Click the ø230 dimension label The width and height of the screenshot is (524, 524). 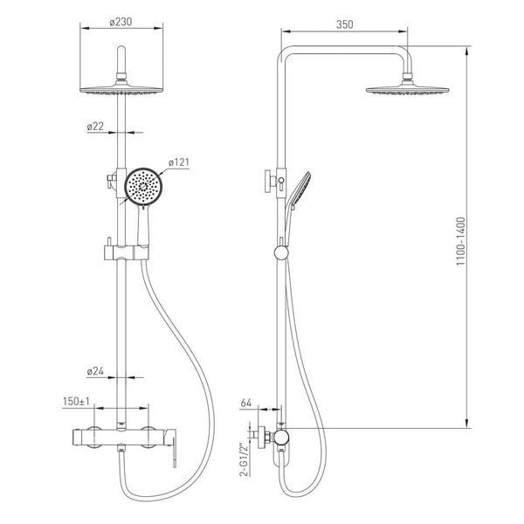pos(121,22)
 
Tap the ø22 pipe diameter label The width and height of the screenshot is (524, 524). pos(95,127)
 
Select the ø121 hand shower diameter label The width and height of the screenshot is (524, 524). pos(179,162)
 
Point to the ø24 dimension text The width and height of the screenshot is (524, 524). pos(95,371)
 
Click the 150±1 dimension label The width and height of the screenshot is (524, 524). pos(76,402)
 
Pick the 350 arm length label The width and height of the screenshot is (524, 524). pos(344,24)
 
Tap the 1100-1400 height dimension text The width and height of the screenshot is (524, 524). pos(461,241)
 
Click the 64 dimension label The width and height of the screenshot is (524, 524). pos(245,403)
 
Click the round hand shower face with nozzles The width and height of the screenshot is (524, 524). pos(144,186)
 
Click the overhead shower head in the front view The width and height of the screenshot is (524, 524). pos(121,90)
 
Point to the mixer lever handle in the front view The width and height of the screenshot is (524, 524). pos(172,446)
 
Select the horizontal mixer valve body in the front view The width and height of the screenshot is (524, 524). pos(119,438)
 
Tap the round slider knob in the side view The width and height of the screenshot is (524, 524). pos(281,253)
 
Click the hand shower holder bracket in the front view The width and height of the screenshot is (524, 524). pos(126,252)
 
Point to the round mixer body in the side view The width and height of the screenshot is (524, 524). pos(280,438)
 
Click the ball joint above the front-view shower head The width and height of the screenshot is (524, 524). pos(121,77)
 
